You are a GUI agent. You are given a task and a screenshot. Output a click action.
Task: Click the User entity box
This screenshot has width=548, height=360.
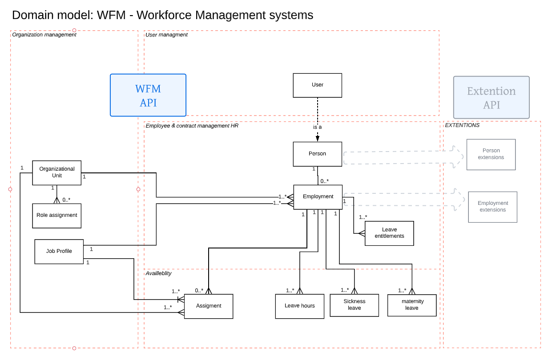coord(317,85)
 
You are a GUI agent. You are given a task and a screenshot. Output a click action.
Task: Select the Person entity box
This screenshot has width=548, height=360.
coord(317,154)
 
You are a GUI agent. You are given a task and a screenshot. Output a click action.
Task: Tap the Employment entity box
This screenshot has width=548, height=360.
coord(318,197)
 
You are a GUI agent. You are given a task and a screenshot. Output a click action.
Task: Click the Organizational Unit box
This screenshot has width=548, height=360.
coord(57,172)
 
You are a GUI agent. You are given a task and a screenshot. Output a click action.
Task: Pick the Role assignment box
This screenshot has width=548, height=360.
coord(57,216)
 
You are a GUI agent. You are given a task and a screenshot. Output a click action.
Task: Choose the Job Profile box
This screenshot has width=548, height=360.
coord(59,252)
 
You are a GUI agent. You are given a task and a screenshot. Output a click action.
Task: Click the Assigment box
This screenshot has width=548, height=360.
coord(209,306)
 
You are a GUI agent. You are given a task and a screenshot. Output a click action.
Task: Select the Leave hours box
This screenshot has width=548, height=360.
coord(299,306)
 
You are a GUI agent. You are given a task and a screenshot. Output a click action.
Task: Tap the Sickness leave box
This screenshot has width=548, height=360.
coord(354,305)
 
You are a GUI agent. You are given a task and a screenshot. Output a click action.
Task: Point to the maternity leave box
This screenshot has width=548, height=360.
coord(411,305)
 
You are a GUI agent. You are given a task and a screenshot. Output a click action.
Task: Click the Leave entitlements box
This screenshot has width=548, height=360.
coord(389,233)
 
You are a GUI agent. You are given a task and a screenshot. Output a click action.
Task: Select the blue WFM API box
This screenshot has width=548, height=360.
coord(148,95)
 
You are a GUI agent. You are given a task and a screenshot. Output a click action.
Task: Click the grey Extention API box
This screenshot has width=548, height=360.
coord(491,98)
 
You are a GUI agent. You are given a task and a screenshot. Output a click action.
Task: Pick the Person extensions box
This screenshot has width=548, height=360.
coord(491,154)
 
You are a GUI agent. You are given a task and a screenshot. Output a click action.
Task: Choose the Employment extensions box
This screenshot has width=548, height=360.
coord(492,207)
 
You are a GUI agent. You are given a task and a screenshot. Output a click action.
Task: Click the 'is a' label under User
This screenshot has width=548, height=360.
coord(317,127)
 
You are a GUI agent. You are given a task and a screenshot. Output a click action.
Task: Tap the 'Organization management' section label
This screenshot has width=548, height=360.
coord(44,35)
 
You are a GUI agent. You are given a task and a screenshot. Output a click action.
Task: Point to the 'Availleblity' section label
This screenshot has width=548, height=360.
coord(158,273)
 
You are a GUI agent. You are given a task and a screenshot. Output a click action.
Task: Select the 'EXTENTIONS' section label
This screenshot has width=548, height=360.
coord(462,125)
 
